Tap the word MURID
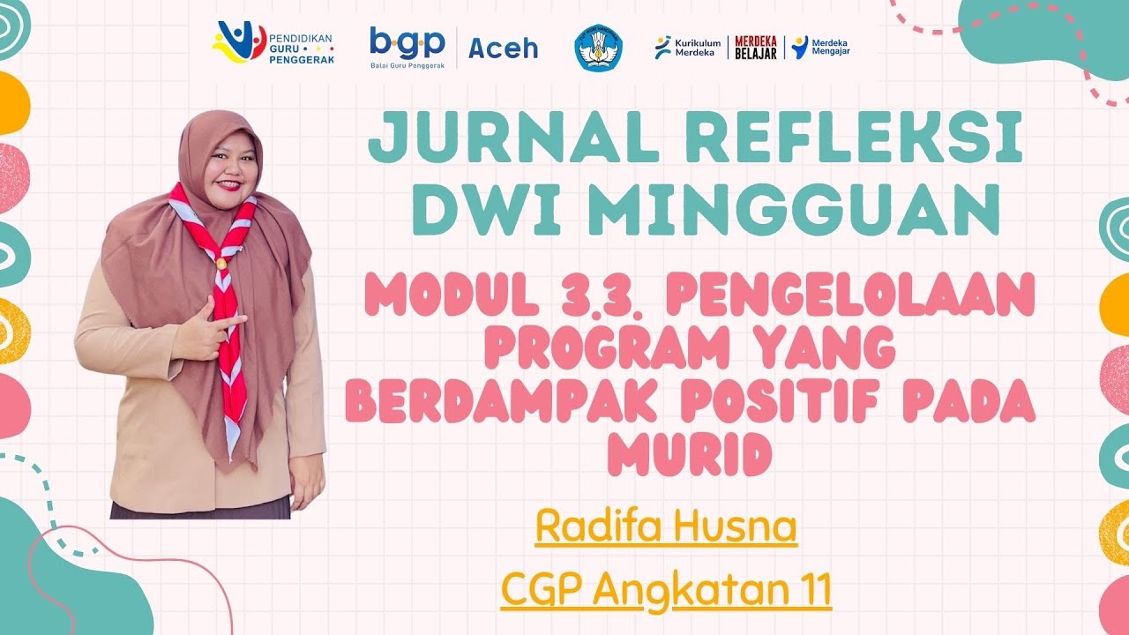pos(690,453)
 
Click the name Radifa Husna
pos(666,528)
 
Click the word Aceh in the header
pos(503,49)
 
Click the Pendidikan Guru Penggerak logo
pos(268,42)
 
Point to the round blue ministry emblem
pos(598,48)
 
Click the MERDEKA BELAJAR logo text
pos(756,48)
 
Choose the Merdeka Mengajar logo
pos(820,48)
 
